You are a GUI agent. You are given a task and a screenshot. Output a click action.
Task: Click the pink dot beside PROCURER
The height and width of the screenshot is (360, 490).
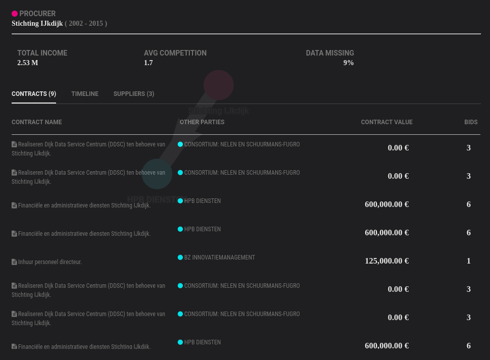(x=15, y=14)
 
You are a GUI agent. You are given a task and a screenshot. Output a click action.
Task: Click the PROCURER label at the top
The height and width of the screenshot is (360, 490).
(x=37, y=14)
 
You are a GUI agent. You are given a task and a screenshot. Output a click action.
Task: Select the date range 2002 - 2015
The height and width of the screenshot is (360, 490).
(x=86, y=23)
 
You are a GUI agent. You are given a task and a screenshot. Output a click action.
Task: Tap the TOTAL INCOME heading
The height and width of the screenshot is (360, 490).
(x=42, y=53)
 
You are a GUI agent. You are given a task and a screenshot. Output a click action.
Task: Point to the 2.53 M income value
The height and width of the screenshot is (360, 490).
(x=27, y=63)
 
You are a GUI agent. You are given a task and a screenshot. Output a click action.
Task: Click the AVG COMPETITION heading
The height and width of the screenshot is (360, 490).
(x=175, y=53)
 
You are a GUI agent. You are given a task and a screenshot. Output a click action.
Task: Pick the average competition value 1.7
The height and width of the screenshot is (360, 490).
(x=148, y=63)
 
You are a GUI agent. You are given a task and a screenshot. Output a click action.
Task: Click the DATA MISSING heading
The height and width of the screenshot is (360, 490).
(x=329, y=53)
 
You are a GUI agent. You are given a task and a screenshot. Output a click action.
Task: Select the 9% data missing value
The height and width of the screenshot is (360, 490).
(x=348, y=63)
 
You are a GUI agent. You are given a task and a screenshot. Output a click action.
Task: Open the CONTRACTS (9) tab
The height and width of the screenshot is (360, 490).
(x=34, y=94)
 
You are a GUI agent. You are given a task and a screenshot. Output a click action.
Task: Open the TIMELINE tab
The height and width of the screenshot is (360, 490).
(x=85, y=94)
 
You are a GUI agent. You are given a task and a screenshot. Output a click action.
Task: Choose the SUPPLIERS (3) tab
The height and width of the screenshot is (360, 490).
(x=134, y=94)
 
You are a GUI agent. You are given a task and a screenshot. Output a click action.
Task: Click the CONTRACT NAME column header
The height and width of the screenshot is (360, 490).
(x=36, y=122)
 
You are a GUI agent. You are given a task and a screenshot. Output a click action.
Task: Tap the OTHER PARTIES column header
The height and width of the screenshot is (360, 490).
(x=202, y=122)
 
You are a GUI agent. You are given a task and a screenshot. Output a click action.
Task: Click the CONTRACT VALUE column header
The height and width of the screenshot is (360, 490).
(x=386, y=122)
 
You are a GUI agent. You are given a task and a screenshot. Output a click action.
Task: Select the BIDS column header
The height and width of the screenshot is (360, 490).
(x=471, y=122)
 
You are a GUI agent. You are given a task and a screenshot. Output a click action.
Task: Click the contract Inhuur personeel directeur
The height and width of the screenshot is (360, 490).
(x=50, y=262)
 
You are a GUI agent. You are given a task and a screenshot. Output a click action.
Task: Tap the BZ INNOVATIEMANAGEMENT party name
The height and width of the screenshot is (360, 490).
(x=219, y=258)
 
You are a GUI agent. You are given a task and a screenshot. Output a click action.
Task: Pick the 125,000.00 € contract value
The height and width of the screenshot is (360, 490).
(x=386, y=261)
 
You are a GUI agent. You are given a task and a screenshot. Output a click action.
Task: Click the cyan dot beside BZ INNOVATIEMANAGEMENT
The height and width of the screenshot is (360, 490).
(x=180, y=258)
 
